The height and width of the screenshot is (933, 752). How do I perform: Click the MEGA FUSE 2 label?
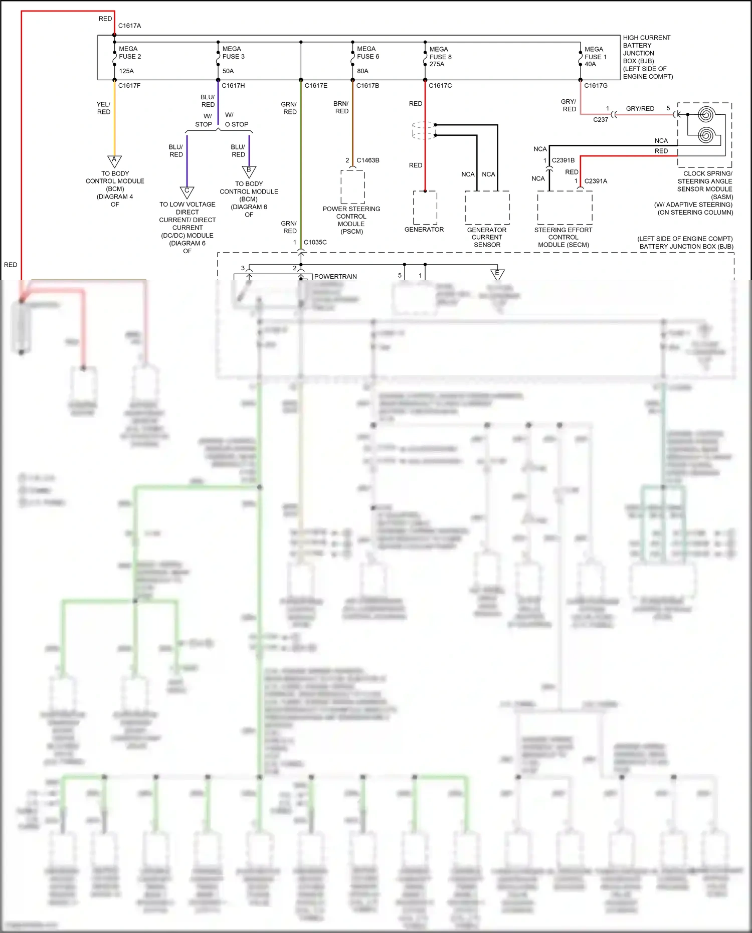point(130,53)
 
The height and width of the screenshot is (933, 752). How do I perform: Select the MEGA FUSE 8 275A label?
point(440,57)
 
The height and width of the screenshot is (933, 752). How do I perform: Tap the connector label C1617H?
point(233,86)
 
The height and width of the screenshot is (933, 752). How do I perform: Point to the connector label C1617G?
point(596,86)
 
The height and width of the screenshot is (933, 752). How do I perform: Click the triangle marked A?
point(114,160)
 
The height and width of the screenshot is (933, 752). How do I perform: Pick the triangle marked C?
point(187,192)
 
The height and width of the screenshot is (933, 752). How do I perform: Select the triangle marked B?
point(249,171)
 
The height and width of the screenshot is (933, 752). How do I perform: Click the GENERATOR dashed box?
point(425,207)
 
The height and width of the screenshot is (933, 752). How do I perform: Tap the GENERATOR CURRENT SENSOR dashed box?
point(487,207)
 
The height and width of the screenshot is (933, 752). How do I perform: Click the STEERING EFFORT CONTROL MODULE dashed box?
point(565,207)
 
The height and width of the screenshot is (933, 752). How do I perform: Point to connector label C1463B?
point(367,160)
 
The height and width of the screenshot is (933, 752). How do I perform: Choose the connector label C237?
point(601,120)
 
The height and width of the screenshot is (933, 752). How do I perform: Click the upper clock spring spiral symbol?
point(705,115)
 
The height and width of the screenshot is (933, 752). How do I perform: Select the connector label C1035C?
point(315,242)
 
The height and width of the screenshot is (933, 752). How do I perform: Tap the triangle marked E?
point(497,274)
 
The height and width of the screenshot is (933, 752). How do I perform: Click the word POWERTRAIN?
point(335,276)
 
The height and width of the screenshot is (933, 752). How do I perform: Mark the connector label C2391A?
point(596,181)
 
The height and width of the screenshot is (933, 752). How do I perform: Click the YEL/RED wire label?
point(104,108)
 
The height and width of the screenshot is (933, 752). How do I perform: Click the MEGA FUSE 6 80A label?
point(367,57)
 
